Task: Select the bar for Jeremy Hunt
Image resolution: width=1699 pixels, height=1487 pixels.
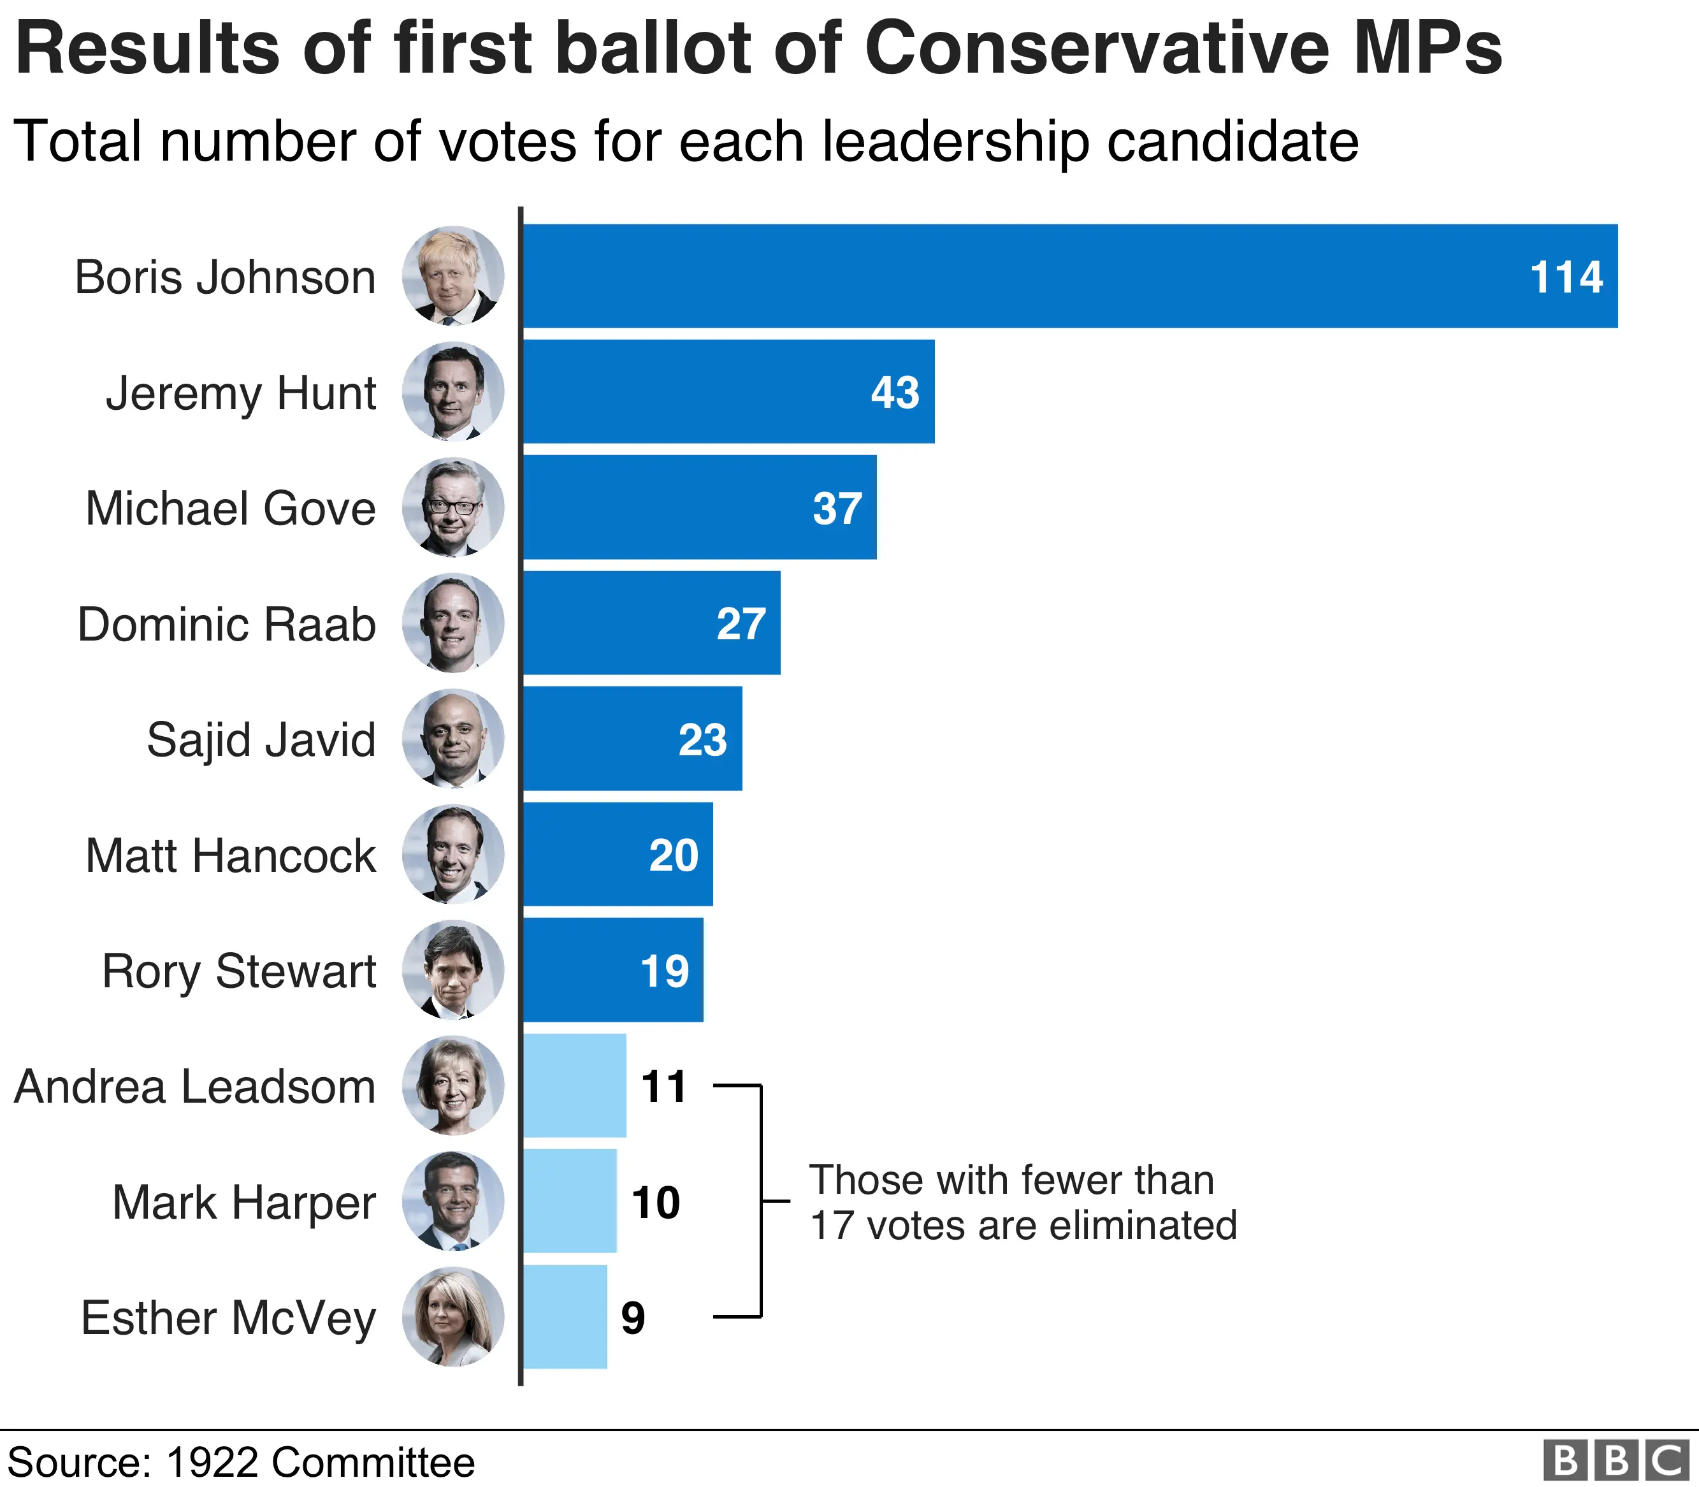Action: (728, 391)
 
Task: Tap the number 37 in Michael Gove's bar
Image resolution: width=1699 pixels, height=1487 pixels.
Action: (837, 508)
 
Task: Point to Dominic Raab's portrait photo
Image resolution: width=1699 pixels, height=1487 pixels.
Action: (453, 623)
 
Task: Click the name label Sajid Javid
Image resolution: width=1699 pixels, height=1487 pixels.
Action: (261, 739)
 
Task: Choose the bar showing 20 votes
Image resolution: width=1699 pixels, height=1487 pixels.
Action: (618, 854)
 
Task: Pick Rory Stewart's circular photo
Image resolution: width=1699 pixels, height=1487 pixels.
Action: (453, 969)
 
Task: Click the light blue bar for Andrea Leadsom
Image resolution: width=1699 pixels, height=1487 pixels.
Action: (574, 1085)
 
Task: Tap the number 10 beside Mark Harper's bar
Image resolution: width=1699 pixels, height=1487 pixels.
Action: (655, 1202)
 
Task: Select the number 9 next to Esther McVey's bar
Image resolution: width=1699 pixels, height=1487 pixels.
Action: (633, 1317)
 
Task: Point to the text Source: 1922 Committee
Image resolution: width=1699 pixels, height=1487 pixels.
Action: (242, 1462)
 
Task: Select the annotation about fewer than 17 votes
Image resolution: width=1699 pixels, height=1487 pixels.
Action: (1022, 1202)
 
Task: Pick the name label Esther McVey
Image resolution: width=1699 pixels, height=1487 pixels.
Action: (228, 1317)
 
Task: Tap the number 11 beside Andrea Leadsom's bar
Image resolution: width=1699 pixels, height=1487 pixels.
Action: (663, 1086)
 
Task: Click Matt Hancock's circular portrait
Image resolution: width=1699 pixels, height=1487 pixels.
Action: (453, 854)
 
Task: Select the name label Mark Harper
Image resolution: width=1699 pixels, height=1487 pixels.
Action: (244, 1202)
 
